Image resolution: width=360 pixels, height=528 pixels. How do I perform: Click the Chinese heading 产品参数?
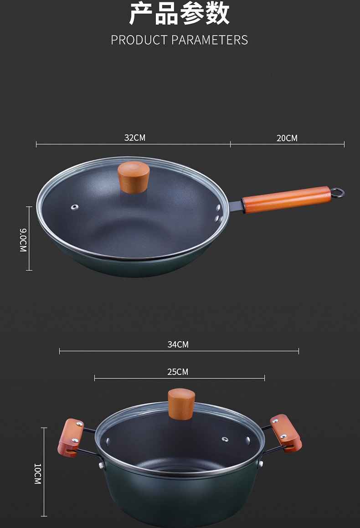coord(180,14)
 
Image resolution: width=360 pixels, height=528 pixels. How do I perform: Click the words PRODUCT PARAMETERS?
coord(180,40)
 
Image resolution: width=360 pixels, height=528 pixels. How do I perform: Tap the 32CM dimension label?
coord(135,138)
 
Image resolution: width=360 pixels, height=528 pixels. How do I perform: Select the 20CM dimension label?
coord(287,138)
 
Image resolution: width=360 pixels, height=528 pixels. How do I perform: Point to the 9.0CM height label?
coord(23,240)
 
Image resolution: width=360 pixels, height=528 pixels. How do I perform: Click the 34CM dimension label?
coord(178,344)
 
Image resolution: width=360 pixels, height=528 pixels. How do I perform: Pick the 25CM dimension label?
coord(178,372)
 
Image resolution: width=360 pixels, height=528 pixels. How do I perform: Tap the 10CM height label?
coord(37,474)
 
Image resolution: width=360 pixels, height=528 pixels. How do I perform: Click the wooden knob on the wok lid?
coord(134,177)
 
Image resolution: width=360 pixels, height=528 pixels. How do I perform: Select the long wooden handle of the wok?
coord(287,200)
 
